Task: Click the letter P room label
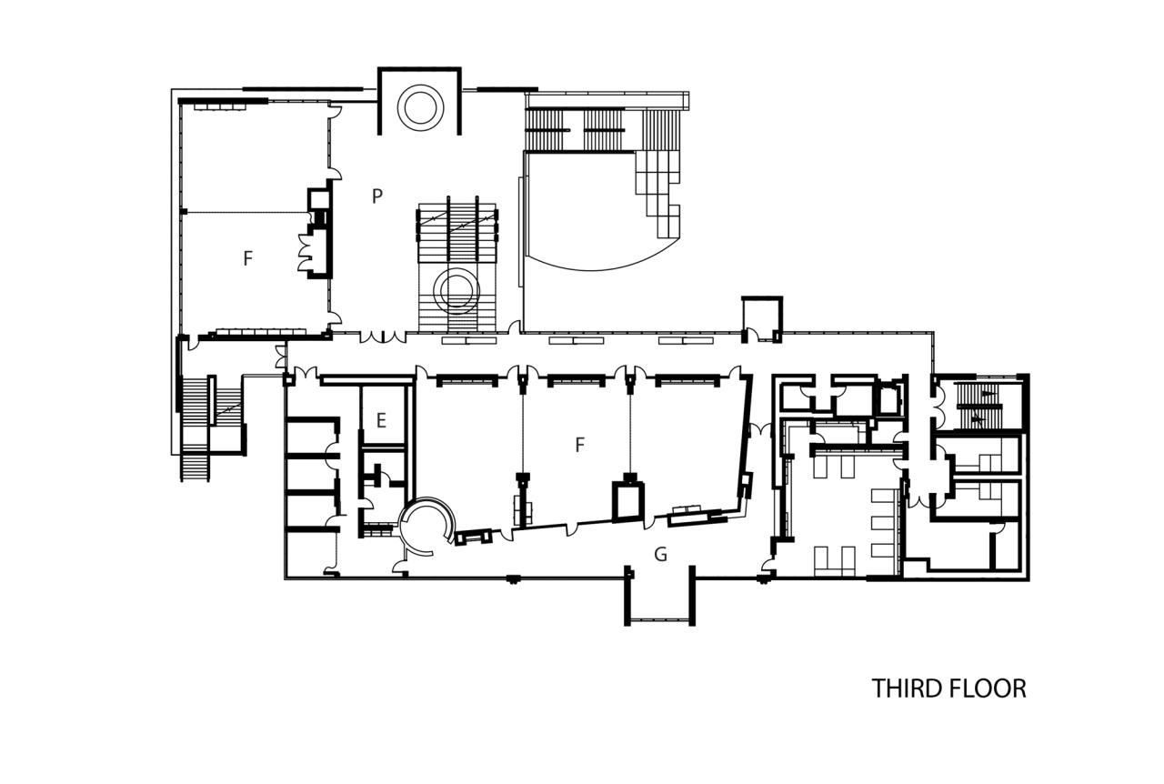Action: click(376, 196)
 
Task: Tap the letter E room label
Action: click(381, 419)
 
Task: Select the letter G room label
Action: click(661, 554)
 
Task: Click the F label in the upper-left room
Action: click(247, 258)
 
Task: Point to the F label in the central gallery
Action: click(579, 445)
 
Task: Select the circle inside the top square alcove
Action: click(421, 106)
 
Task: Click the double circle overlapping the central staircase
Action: click(457, 290)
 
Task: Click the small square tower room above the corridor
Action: click(762, 319)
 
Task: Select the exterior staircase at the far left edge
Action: click(195, 424)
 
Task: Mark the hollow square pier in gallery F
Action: click(627, 500)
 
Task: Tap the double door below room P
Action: click(382, 337)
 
